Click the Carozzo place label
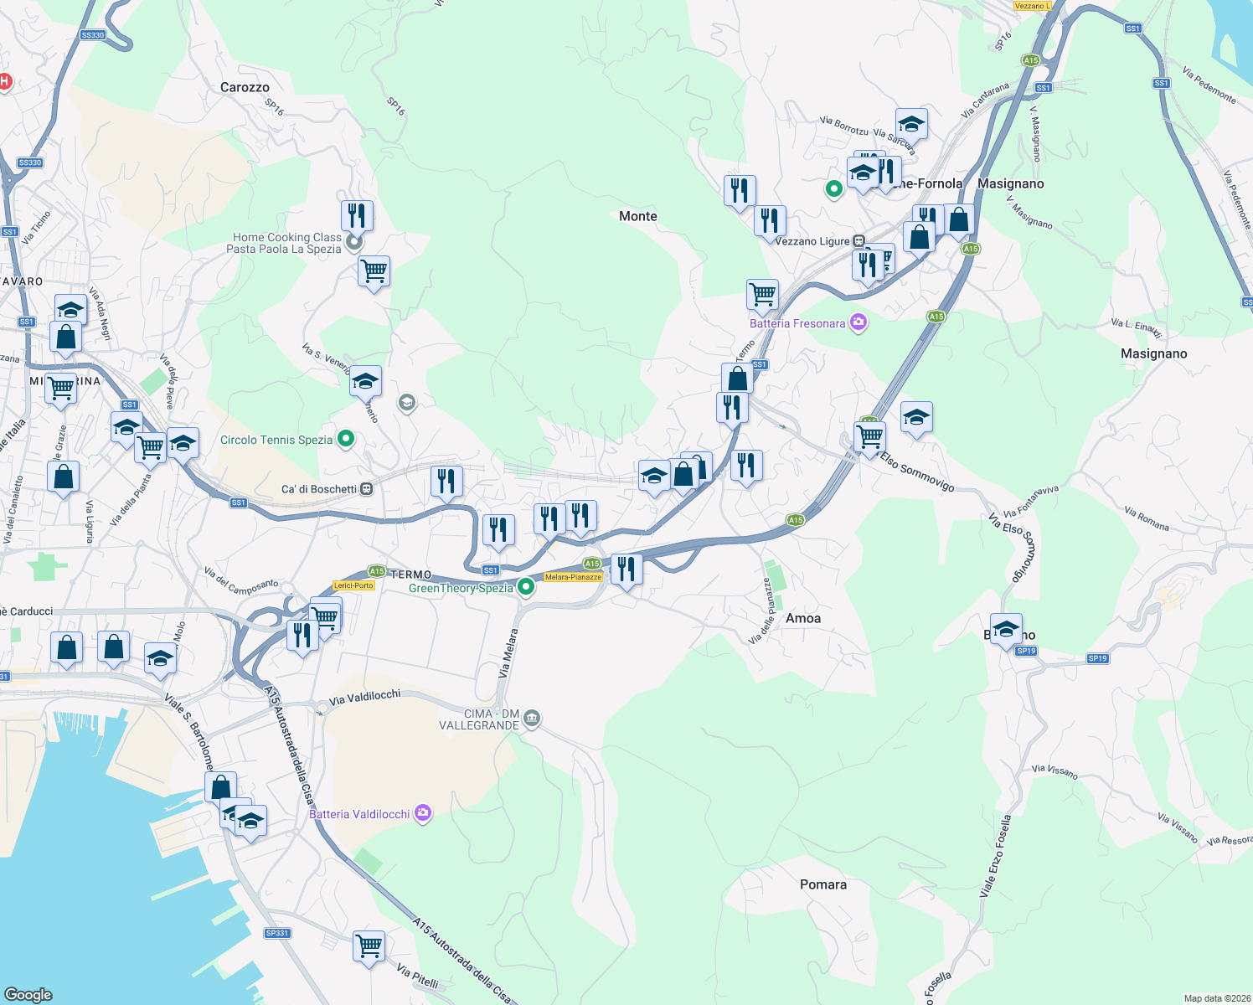[x=245, y=87]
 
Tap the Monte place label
[x=637, y=216]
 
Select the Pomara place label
[x=822, y=884]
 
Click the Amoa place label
[x=802, y=618]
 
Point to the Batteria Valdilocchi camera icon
[x=423, y=813]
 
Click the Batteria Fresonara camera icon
[x=858, y=322]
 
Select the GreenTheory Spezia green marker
[x=526, y=587]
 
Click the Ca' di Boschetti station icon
[x=366, y=489]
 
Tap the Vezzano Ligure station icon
[x=859, y=241]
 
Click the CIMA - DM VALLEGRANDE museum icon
[x=532, y=719]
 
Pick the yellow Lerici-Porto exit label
[x=353, y=585]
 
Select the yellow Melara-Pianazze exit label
[x=573, y=577]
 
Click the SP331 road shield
[x=276, y=933]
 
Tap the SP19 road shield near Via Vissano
[x=1097, y=658]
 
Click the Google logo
[x=28, y=994]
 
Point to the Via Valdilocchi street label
[x=365, y=697]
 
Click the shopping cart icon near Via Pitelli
[x=369, y=946]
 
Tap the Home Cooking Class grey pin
[x=354, y=243]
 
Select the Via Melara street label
[x=508, y=653]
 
